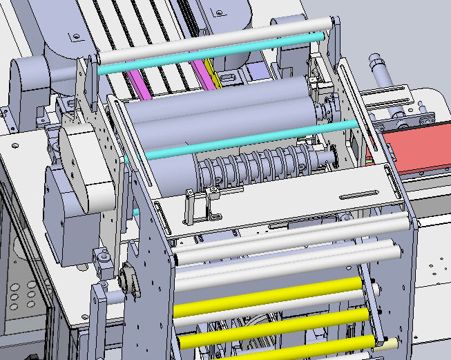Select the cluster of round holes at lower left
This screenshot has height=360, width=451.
(21, 297)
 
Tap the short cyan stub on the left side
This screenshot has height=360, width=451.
(136, 211)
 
